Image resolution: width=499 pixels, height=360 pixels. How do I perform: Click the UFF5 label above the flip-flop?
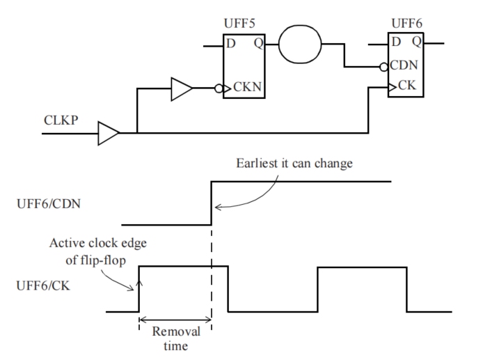point(239,23)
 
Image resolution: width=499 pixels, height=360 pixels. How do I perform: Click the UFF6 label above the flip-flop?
point(406,23)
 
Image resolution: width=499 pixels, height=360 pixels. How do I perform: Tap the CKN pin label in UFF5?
point(247,86)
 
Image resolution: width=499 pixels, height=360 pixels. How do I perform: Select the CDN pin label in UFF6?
point(404,65)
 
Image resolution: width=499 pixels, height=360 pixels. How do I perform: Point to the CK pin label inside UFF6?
point(406,85)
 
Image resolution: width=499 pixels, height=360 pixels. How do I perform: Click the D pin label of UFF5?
point(231,43)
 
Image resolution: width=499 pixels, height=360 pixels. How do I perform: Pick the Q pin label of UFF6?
point(417,42)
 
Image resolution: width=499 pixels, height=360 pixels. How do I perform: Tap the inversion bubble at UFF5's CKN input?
point(219,88)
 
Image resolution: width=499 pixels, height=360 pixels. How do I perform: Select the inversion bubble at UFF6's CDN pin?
point(383,67)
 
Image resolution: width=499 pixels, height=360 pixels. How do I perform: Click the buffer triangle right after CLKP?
point(109,134)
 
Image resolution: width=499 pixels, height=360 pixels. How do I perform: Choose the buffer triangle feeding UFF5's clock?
point(182,89)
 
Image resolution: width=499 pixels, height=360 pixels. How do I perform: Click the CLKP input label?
point(61,120)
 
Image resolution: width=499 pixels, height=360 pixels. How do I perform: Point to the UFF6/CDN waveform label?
point(49,204)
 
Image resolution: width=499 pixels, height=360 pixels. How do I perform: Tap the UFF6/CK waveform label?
point(43,285)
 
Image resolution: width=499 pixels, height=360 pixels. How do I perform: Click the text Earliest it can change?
point(294,163)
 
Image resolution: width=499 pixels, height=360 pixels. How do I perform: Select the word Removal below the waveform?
point(176,331)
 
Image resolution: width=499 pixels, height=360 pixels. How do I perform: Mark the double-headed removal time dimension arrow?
point(175,320)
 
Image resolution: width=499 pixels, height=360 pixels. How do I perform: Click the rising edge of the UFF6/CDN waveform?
point(211,203)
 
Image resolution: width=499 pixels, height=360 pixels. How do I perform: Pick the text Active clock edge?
point(98,243)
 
